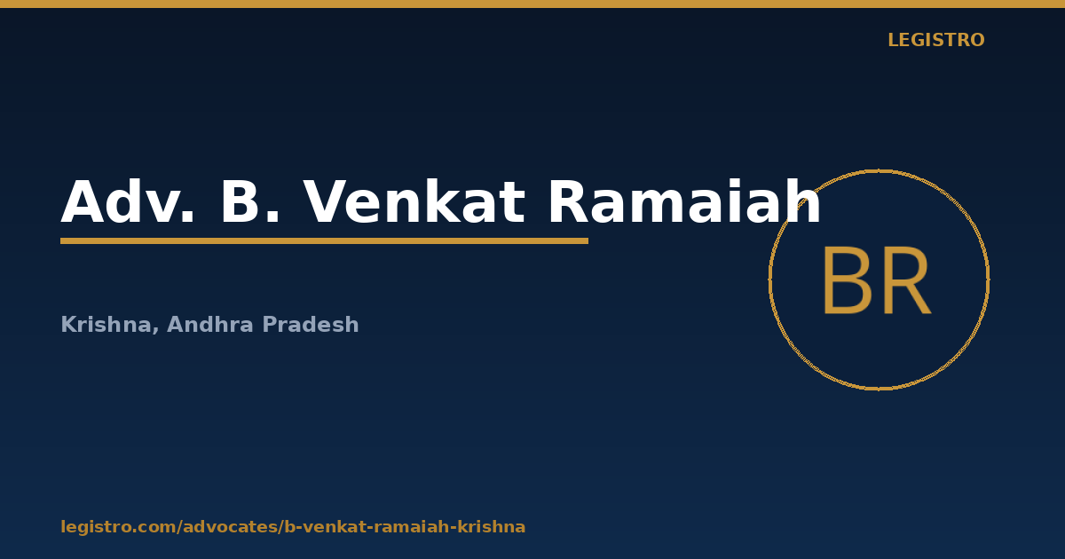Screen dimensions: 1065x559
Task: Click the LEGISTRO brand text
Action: pyautogui.click(x=936, y=41)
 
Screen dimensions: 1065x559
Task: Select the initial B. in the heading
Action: pyautogui.click(x=250, y=201)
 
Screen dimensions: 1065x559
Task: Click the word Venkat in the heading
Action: pyautogui.click(x=414, y=201)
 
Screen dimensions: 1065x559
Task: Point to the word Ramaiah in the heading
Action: pyautogui.click(x=684, y=201)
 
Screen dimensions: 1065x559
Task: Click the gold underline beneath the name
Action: pyautogui.click(x=324, y=241)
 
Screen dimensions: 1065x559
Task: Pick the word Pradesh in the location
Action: pyautogui.click(x=311, y=325)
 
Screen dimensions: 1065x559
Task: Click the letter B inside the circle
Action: pyautogui.click(x=847, y=280)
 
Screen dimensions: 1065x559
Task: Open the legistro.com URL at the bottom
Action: pyautogui.click(x=293, y=527)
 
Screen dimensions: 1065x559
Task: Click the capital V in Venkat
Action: pyautogui.click(x=324, y=201)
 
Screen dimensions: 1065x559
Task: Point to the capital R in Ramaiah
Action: pyautogui.click(x=569, y=201)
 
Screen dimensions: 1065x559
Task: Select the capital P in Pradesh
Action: pyautogui.click(x=270, y=325)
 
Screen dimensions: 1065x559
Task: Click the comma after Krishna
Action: pyautogui.click(x=155, y=331)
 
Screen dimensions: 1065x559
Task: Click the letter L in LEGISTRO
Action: pyautogui.click(x=893, y=41)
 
